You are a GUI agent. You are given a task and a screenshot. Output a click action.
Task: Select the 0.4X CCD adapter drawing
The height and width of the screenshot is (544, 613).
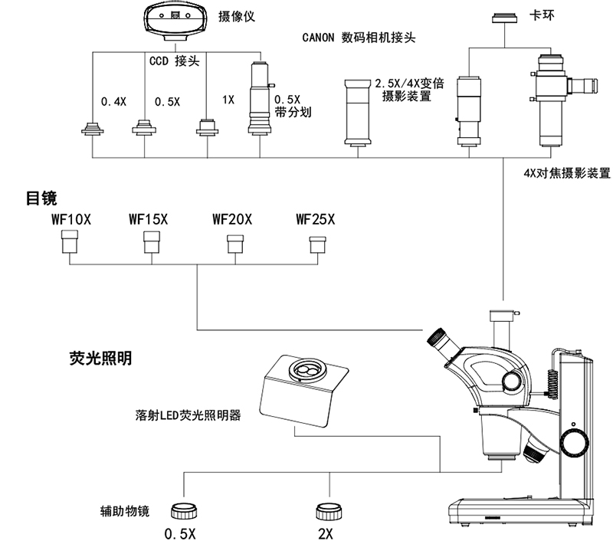93,128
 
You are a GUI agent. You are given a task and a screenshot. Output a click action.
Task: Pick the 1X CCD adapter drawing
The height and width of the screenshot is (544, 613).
205,127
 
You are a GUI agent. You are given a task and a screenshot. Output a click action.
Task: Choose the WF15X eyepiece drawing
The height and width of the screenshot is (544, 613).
152,244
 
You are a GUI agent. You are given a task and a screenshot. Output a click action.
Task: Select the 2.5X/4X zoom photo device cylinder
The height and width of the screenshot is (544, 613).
357,112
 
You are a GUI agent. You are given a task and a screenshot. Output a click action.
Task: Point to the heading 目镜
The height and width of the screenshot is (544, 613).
41,198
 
